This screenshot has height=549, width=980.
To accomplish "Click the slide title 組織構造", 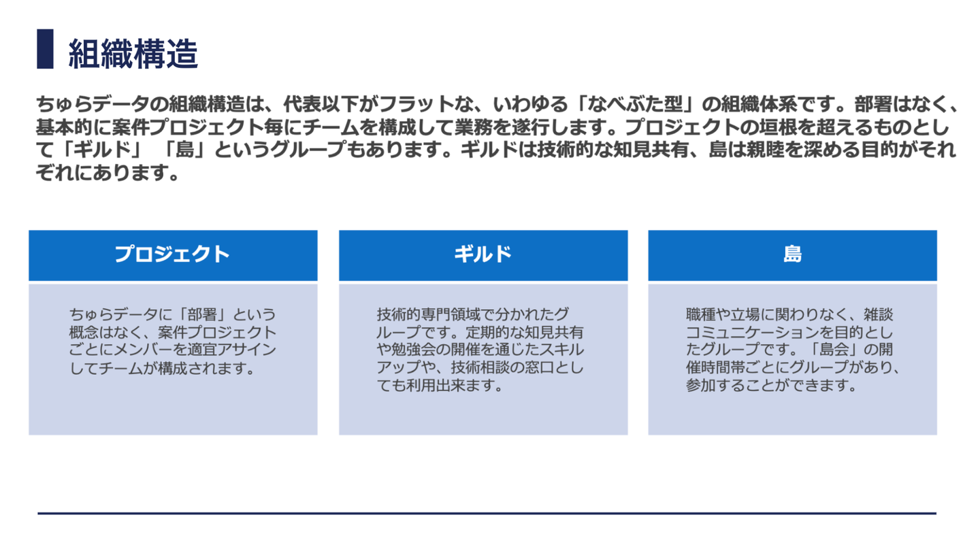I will coord(133,52).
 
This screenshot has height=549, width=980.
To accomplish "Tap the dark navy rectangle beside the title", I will coord(45,48).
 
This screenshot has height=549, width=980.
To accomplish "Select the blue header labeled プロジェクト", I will coord(173,254).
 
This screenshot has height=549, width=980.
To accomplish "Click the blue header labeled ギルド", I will coord(483,254).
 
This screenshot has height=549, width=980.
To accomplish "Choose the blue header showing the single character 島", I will coord(792,254).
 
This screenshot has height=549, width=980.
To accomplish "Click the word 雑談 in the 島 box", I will coord(878,315).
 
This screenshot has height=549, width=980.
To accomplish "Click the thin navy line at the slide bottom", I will coord(487,513).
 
